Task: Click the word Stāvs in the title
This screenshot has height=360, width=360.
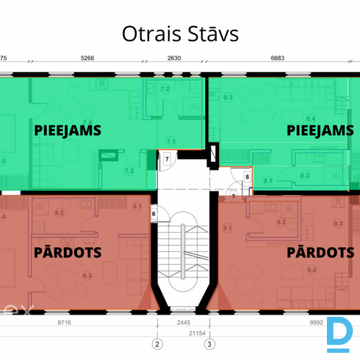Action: pyautogui.click(x=213, y=34)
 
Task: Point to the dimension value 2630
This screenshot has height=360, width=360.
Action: pyautogui.click(x=174, y=58)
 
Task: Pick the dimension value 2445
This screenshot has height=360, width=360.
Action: pyautogui.click(x=184, y=323)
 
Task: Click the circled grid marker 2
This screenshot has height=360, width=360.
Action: pyautogui.click(x=156, y=343)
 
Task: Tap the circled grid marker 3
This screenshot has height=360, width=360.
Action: pyautogui.click(x=210, y=343)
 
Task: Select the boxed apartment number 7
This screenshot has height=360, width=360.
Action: pyautogui.click(x=166, y=159)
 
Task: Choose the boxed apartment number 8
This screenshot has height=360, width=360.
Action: pyautogui.click(x=247, y=176)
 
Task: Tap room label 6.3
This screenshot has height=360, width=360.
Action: pyautogui.click(x=87, y=275)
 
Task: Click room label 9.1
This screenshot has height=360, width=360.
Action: pyautogui.click(x=228, y=228)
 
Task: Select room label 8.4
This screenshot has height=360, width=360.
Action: pyautogui.click(x=311, y=118)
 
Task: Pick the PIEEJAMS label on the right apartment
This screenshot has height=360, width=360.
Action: pyautogui.click(x=320, y=130)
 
